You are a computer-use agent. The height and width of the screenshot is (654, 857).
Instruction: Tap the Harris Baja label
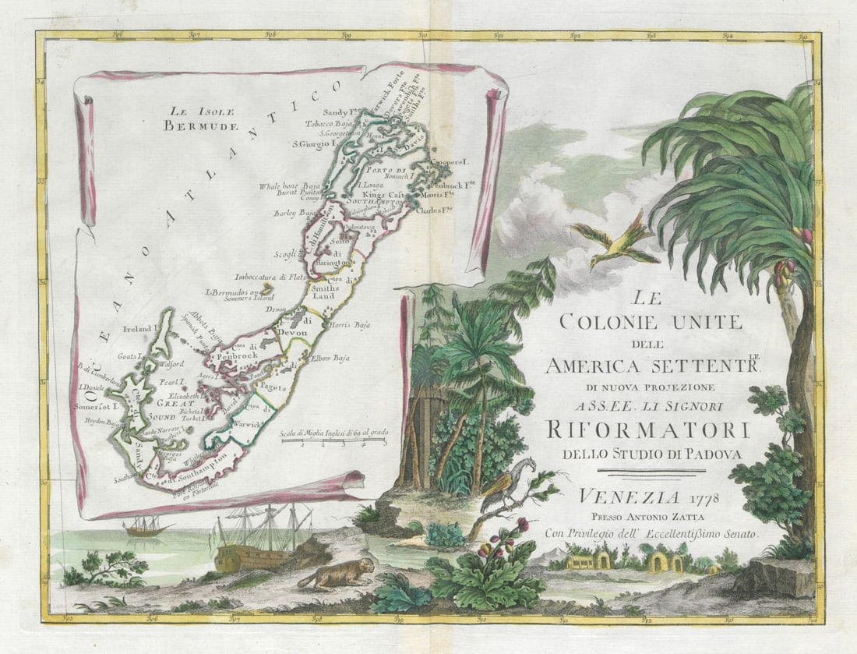pyautogui.click(x=347, y=324)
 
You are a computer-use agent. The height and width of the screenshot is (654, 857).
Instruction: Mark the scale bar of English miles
pyautogui.click(x=333, y=441)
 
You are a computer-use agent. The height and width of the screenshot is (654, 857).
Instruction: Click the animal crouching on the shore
pyautogui.click(x=335, y=575)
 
